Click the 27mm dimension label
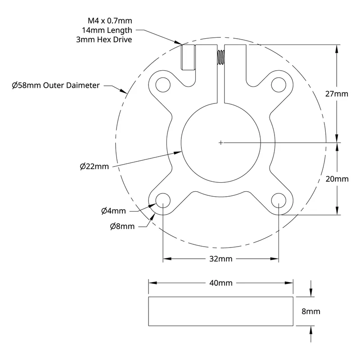click(x=337, y=94)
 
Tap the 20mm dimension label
click(x=337, y=179)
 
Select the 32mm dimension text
click(x=220, y=259)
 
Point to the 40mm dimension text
click(x=220, y=283)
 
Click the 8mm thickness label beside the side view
click(x=310, y=311)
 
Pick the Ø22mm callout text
click(x=94, y=166)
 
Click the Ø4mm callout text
click(x=113, y=211)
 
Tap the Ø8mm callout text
click(x=122, y=226)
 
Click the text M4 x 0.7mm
click(x=110, y=21)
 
